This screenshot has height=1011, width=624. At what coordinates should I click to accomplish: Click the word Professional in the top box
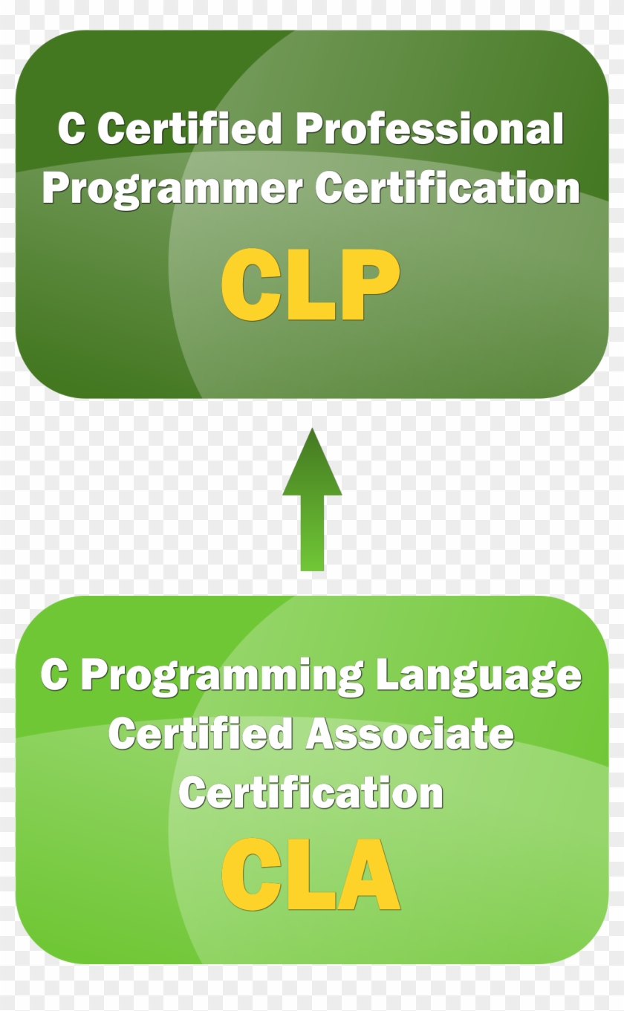coord(430,130)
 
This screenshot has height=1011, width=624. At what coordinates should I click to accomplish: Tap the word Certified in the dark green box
coord(189,130)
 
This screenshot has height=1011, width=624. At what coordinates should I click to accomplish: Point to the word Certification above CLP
coord(447,189)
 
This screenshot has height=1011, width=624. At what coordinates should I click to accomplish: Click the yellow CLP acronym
coord(311,285)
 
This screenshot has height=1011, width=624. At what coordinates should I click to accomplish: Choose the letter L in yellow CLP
coord(311,285)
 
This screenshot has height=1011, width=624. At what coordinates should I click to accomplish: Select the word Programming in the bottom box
coord(222,676)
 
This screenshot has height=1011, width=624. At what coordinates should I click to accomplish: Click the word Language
coord(478,676)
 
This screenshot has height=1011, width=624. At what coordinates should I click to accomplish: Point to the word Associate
coord(409,735)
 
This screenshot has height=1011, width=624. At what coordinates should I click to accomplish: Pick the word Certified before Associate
coord(201,735)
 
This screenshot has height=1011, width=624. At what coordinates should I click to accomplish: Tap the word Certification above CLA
coord(311,793)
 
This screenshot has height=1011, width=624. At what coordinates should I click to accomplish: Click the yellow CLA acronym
coord(311,874)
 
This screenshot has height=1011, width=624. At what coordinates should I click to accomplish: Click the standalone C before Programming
coord(54,674)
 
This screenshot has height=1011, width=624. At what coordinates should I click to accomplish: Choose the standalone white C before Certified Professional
coord(71,130)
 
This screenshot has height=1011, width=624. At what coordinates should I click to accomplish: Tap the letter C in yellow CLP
coord(250,285)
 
